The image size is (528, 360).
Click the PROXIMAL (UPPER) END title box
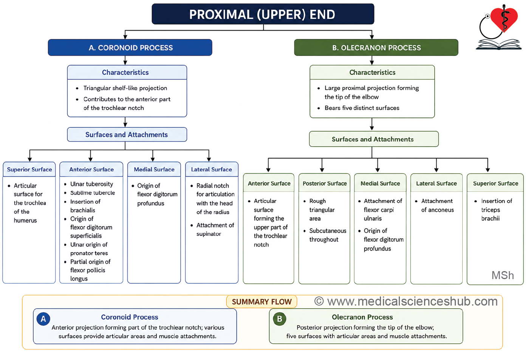pyautogui.click(x=263, y=14)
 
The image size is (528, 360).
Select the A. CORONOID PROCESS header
pyautogui.click(x=130, y=48)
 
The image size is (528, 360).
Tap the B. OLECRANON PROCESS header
pyautogui.click(x=376, y=48)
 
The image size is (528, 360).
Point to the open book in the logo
pyautogui.click(x=499, y=44)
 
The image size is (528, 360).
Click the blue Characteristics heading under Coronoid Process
pyautogui.click(x=125, y=73)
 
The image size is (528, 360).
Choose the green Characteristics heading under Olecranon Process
pyautogui.click(x=372, y=73)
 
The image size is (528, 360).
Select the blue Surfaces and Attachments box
pyautogui.click(x=127, y=135)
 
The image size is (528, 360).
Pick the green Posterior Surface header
pyautogui.click(x=325, y=183)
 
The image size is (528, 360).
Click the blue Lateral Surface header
pyautogui.click(x=211, y=169)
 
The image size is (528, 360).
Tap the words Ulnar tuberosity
pyautogui.click(x=92, y=184)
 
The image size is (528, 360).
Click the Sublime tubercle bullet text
pyautogui.click(x=93, y=193)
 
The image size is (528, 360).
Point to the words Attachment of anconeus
pyautogui.click(x=437, y=205)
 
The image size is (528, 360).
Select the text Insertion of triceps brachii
pyautogui.click(x=496, y=209)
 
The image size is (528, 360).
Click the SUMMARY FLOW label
pyautogui.click(x=262, y=301)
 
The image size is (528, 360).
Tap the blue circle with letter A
pyautogui.click(x=43, y=319)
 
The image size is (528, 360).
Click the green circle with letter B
pyautogui.click(x=280, y=319)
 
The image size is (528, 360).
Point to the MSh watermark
pyautogui.click(x=503, y=275)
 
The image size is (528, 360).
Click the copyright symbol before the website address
pyautogui.click(x=319, y=301)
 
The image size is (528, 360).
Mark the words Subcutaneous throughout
pyautogui.click(x=328, y=235)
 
